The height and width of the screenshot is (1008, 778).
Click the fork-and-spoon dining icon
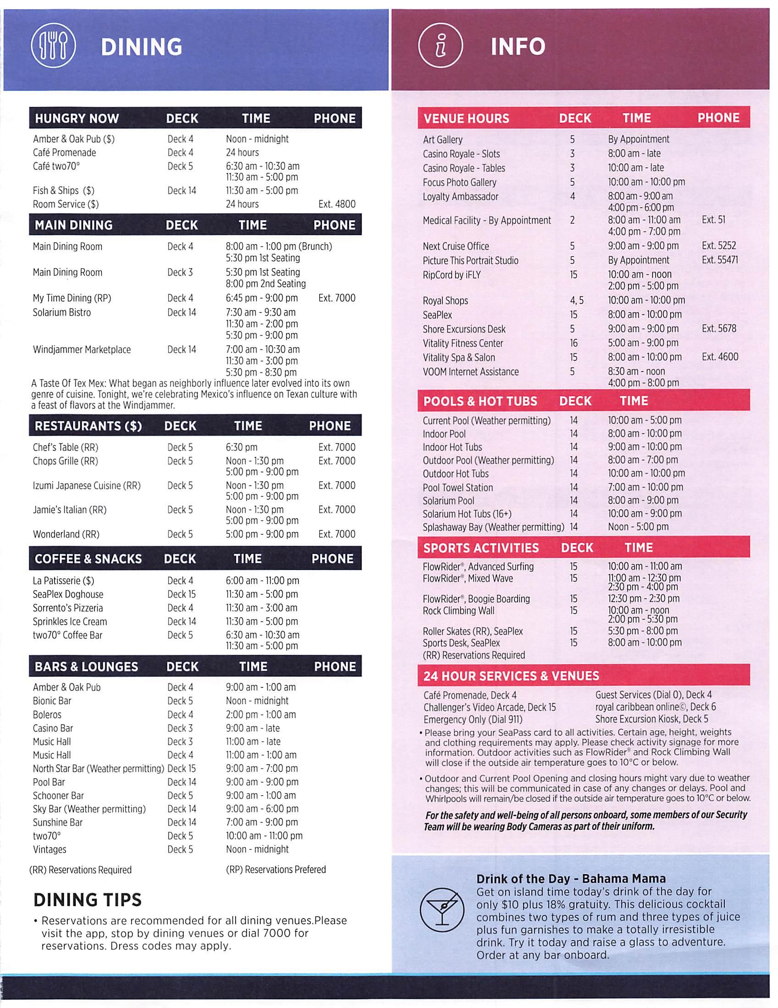coord(53,47)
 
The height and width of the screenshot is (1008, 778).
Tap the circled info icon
coord(440,47)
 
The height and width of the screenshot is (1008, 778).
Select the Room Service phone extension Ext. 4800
coord(337,204)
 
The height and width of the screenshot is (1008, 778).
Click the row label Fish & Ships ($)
coord(63,191)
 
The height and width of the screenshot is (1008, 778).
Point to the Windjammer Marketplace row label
coord(82,350)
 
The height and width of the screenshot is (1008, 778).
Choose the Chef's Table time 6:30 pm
coord(241,447)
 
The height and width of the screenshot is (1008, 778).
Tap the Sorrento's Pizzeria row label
coord(68,608)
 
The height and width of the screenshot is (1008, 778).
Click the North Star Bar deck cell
coord(182,769)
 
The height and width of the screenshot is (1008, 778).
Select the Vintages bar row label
coord(50,849)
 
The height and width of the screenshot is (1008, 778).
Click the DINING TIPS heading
coord(87,900)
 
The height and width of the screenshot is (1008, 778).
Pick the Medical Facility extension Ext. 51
coord(713,220)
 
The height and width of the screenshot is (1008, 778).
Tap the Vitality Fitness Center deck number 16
coord(573,343)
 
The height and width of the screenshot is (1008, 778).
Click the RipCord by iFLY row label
coord(452,275)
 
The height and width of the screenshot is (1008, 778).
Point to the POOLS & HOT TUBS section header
coord(480,401)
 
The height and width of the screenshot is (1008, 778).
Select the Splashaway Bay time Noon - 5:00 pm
coord(638,526)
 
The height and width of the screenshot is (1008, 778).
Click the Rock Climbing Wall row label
coord(458,611)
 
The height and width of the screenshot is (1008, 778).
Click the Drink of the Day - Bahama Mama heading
coord(571,878)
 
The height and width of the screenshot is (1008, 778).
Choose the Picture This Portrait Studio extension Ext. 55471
coord(719,260)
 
